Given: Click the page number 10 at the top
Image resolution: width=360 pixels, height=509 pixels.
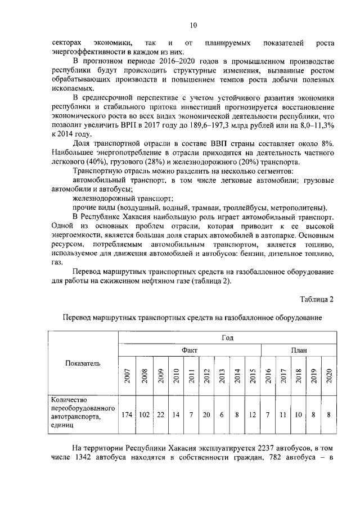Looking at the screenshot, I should [193, 25].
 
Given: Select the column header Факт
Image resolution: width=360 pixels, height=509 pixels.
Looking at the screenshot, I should [189, 350].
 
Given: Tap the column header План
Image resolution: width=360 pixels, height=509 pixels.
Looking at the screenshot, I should [299, 350].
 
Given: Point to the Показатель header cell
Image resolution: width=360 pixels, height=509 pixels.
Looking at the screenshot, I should [83, 363].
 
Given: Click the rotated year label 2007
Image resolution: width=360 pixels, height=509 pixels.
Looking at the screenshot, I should [128, 375].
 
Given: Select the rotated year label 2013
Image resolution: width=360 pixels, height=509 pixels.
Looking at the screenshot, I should [222, 375].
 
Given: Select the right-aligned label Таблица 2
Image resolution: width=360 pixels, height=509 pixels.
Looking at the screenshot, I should [316, 299].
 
